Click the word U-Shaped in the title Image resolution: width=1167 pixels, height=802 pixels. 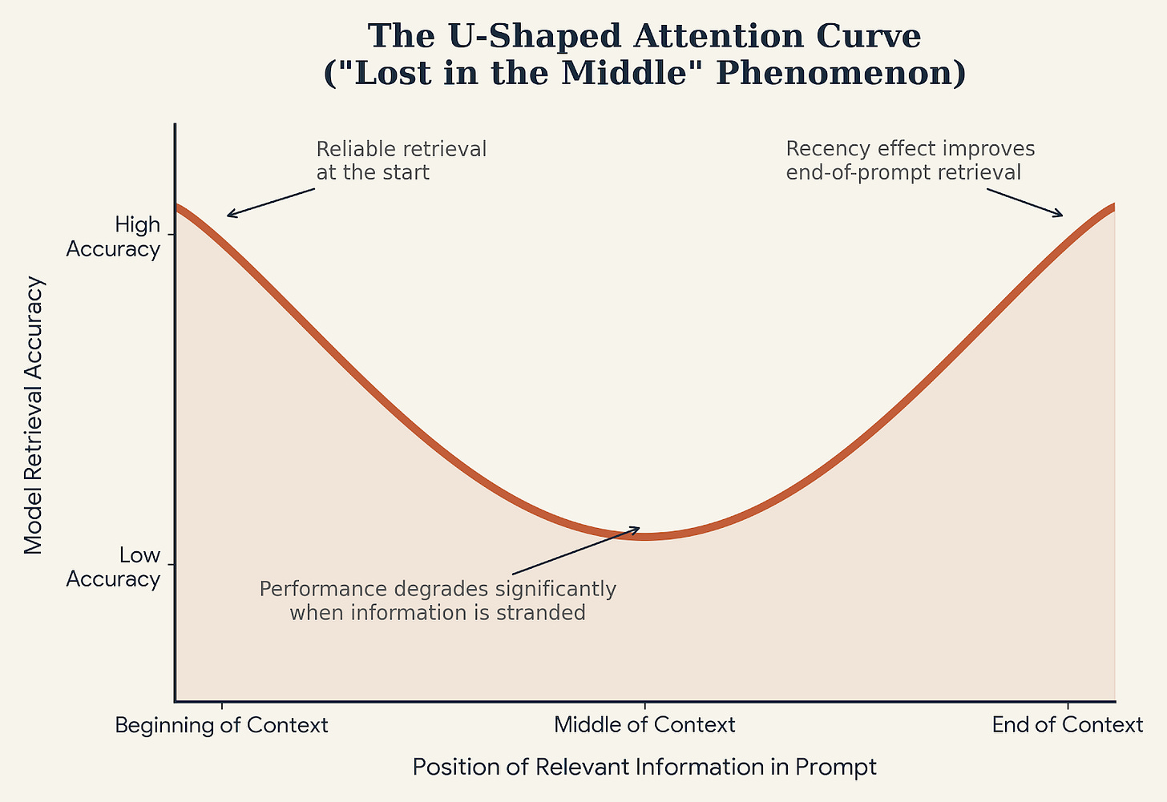pos(534,37)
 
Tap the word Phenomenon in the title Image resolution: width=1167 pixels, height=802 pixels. pos(841,72)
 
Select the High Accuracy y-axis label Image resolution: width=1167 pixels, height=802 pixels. pos(113,237)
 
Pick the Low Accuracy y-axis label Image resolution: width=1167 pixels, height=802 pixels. pos(113,567)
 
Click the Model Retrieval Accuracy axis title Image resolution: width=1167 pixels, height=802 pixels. pos(34,416)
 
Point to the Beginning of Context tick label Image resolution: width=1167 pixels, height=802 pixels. pos(221,725)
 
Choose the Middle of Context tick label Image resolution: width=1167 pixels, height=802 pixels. pos(644,725)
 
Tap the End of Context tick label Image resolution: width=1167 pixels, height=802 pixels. pos(1068,725)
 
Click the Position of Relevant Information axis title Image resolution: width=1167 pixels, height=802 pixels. pos(644,767)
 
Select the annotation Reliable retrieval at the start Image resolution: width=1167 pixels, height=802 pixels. pos(401,160)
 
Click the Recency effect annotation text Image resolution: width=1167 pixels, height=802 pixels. pos(911,160)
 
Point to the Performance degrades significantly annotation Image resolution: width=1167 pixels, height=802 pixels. pos(438,600)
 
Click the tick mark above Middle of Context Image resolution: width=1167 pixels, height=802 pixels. pos(644,706)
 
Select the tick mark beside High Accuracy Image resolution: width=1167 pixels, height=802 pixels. pos(171,235)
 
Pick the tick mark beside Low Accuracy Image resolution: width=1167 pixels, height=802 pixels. pos(171,565)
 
